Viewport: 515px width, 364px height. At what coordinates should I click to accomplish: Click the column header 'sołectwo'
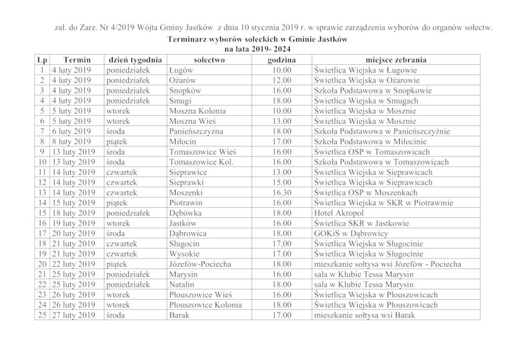(204, 59)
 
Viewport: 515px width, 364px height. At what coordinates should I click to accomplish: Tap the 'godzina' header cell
(282, 59)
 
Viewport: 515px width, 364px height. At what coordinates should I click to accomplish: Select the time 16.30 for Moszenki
(282, 192)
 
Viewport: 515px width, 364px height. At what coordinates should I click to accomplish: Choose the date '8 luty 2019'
(72, 141)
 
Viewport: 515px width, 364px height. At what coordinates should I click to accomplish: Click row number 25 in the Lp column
(42, 315)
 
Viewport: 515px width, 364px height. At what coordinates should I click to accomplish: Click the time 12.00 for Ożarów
(282, 80)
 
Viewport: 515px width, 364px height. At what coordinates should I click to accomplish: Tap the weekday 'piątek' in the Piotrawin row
(118, 203)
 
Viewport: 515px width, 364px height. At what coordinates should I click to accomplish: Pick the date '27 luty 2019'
(74, 315)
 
